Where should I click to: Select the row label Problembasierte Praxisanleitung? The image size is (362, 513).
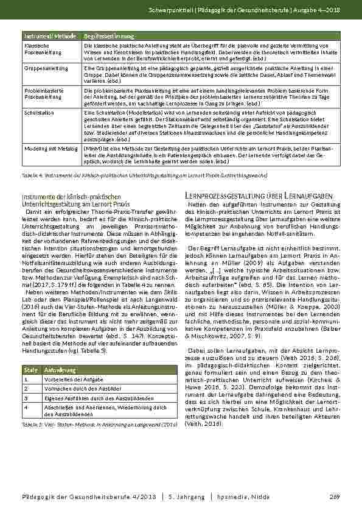pyautogui.click(x=41, y=92)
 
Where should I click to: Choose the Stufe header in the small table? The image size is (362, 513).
pyautogui.click(x=29, y=370)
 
